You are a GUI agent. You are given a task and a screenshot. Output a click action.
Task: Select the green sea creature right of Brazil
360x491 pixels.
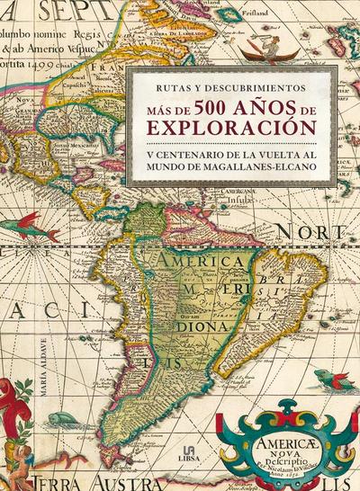pyautogui.click(x=330, y=379)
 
